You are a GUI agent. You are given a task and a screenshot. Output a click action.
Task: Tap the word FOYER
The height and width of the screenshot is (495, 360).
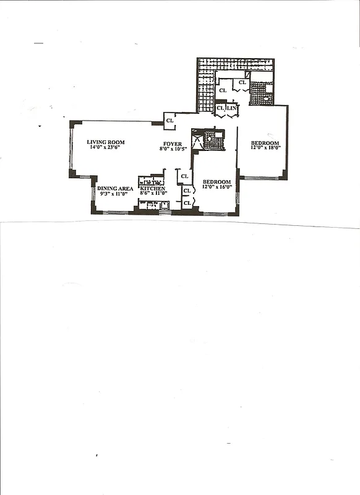tap(173, 144)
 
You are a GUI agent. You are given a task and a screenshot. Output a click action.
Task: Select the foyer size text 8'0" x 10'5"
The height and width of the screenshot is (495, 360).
tap(173, 149)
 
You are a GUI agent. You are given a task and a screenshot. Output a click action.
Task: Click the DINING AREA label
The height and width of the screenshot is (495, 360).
tap(115, 188)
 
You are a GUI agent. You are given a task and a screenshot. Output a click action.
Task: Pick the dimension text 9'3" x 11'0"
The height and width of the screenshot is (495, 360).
tap(114, 194)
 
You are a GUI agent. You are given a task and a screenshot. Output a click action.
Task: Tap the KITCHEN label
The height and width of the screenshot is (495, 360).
tap(153, 188)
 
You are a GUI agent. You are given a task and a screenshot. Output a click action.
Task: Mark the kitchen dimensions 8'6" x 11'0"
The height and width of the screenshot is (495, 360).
tap(153, 194)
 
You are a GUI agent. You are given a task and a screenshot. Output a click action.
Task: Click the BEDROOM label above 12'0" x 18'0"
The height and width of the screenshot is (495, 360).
tap(264, 142)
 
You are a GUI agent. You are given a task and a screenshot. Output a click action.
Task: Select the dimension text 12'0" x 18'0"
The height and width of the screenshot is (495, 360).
tap(265, 148)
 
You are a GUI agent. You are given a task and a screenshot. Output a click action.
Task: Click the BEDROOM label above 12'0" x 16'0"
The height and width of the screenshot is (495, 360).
tap(216, 181)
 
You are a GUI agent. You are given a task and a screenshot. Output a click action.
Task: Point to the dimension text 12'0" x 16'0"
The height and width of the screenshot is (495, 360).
tap(216, 187)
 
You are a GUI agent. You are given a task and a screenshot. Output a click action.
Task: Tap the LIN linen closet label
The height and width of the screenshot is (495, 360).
tap(231, 108)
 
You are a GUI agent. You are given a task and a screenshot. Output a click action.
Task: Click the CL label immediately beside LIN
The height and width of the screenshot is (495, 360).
tap(220, 108)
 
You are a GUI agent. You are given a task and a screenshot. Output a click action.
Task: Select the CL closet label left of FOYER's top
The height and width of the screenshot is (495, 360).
tap(169, 120)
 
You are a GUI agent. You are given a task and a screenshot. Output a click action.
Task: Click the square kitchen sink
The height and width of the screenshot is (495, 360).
tap(164, 205)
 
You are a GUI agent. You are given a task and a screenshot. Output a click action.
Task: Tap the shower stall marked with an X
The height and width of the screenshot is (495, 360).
tap(197, 140)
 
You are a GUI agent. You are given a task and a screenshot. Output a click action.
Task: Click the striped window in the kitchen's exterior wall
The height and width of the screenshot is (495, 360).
tap(164, 213)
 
